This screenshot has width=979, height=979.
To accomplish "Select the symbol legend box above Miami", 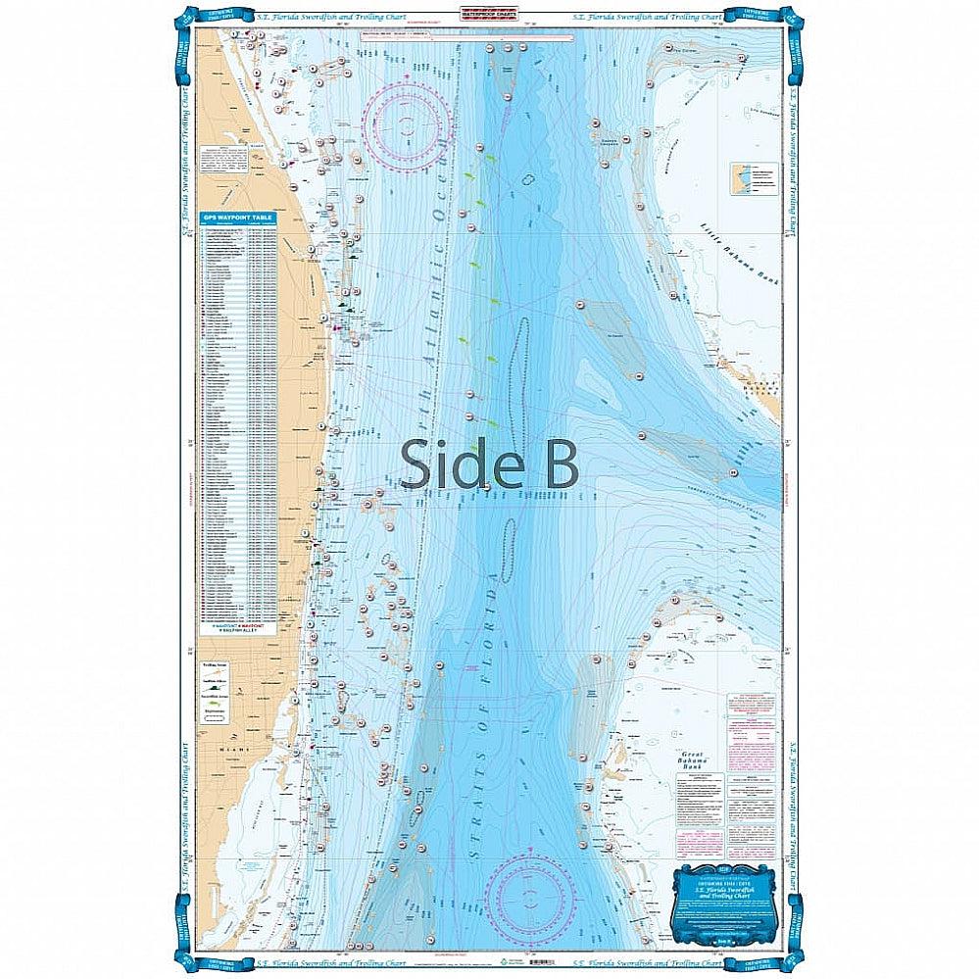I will tap(225, 690).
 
